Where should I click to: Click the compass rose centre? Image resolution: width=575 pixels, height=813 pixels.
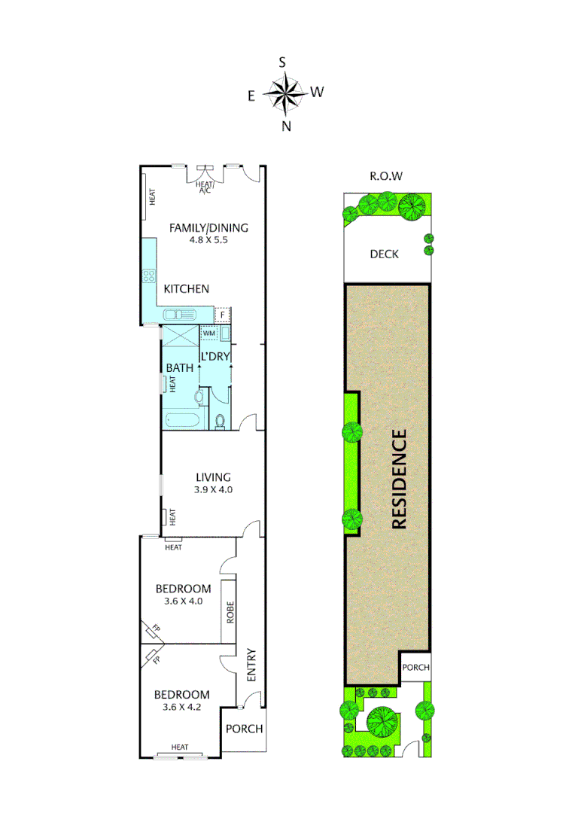coord(285,93)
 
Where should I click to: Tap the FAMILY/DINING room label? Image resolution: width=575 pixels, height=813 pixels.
coord(208,228)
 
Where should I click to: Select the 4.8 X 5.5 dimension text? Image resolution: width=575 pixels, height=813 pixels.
coord(208,241)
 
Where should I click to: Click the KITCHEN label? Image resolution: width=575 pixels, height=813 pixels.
coord(186,288)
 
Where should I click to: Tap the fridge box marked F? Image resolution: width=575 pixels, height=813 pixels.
coord(224,315)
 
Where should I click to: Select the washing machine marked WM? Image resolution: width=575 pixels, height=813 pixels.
coord(208,332)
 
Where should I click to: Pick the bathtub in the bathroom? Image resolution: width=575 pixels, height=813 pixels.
coord(181,420)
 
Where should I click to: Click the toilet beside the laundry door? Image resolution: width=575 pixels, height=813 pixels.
coord(220,421)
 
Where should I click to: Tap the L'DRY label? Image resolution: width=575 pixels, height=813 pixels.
coord(214,355)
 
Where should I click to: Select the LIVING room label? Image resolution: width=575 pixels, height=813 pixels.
coord(213,477)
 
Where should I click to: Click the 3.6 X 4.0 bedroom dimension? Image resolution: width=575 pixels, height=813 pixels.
coord(183,601)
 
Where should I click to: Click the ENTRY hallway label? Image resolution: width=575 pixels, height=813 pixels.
coord(251,665)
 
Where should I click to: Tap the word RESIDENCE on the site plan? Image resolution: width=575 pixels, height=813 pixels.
coord(399,479)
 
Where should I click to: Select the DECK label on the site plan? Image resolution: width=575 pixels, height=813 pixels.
coord(384,254)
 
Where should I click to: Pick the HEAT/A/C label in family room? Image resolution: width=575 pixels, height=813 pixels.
coord(204,187)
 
